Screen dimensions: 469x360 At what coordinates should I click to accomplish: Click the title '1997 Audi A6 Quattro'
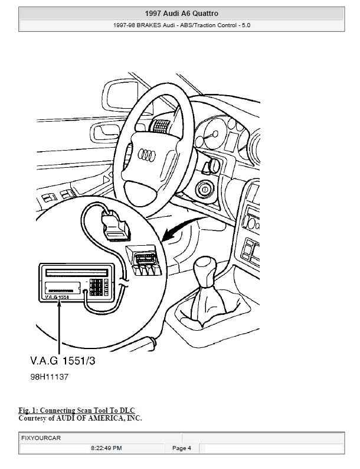181,13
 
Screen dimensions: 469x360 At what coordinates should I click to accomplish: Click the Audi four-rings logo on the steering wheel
146,155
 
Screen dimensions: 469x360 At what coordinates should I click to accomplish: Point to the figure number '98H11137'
50,376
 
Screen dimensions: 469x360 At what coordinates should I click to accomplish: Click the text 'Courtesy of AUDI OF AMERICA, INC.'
80,418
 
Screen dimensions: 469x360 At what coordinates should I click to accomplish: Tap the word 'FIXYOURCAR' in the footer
41,438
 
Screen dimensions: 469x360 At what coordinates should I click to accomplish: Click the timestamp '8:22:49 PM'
106,448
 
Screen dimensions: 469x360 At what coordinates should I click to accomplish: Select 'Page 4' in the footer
181,448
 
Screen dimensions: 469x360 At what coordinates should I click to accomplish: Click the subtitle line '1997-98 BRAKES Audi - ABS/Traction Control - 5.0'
181,25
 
